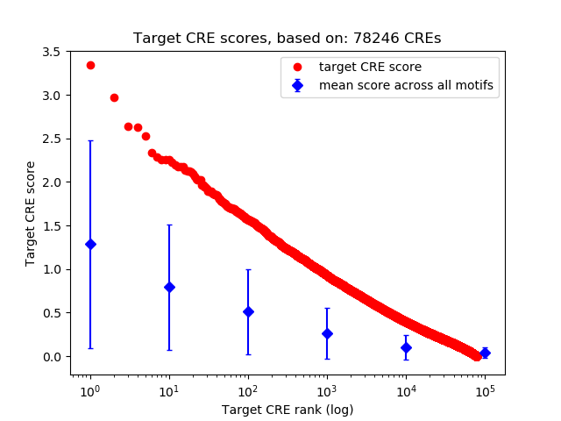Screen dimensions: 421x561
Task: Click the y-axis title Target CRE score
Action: pos(31,213)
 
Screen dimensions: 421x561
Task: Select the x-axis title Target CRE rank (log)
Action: pos(288,410)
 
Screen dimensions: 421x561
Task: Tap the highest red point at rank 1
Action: pos(90,65)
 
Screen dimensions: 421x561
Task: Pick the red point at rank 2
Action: pos(114,97)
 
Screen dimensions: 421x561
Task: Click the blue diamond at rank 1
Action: pos(90,244)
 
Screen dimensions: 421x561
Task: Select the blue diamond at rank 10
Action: pos(169,287)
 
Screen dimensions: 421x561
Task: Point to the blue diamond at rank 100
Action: pos(248,311)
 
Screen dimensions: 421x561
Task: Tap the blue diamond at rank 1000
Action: pos(327,333)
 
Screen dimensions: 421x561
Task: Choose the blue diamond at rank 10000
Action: pos(406,347)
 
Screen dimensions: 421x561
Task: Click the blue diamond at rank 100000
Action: pos(485,353)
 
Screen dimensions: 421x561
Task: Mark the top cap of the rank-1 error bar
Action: pos(90,140)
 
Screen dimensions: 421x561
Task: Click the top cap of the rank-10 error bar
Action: pos(169,225)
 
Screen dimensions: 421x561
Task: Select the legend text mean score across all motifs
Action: pos(406,85)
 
